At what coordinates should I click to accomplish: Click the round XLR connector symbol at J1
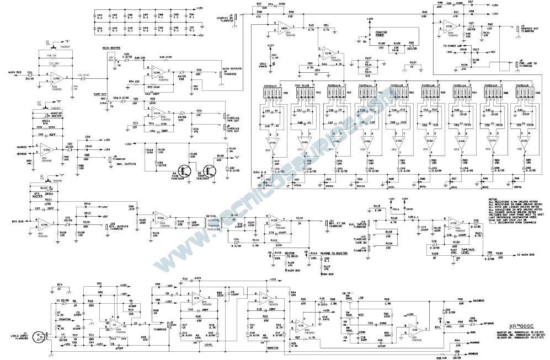coord(39,334)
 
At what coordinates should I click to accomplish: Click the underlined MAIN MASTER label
coord(113,48)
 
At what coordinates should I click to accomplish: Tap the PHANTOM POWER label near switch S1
coord(383,34)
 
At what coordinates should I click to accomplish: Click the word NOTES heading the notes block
coord(494,200)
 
